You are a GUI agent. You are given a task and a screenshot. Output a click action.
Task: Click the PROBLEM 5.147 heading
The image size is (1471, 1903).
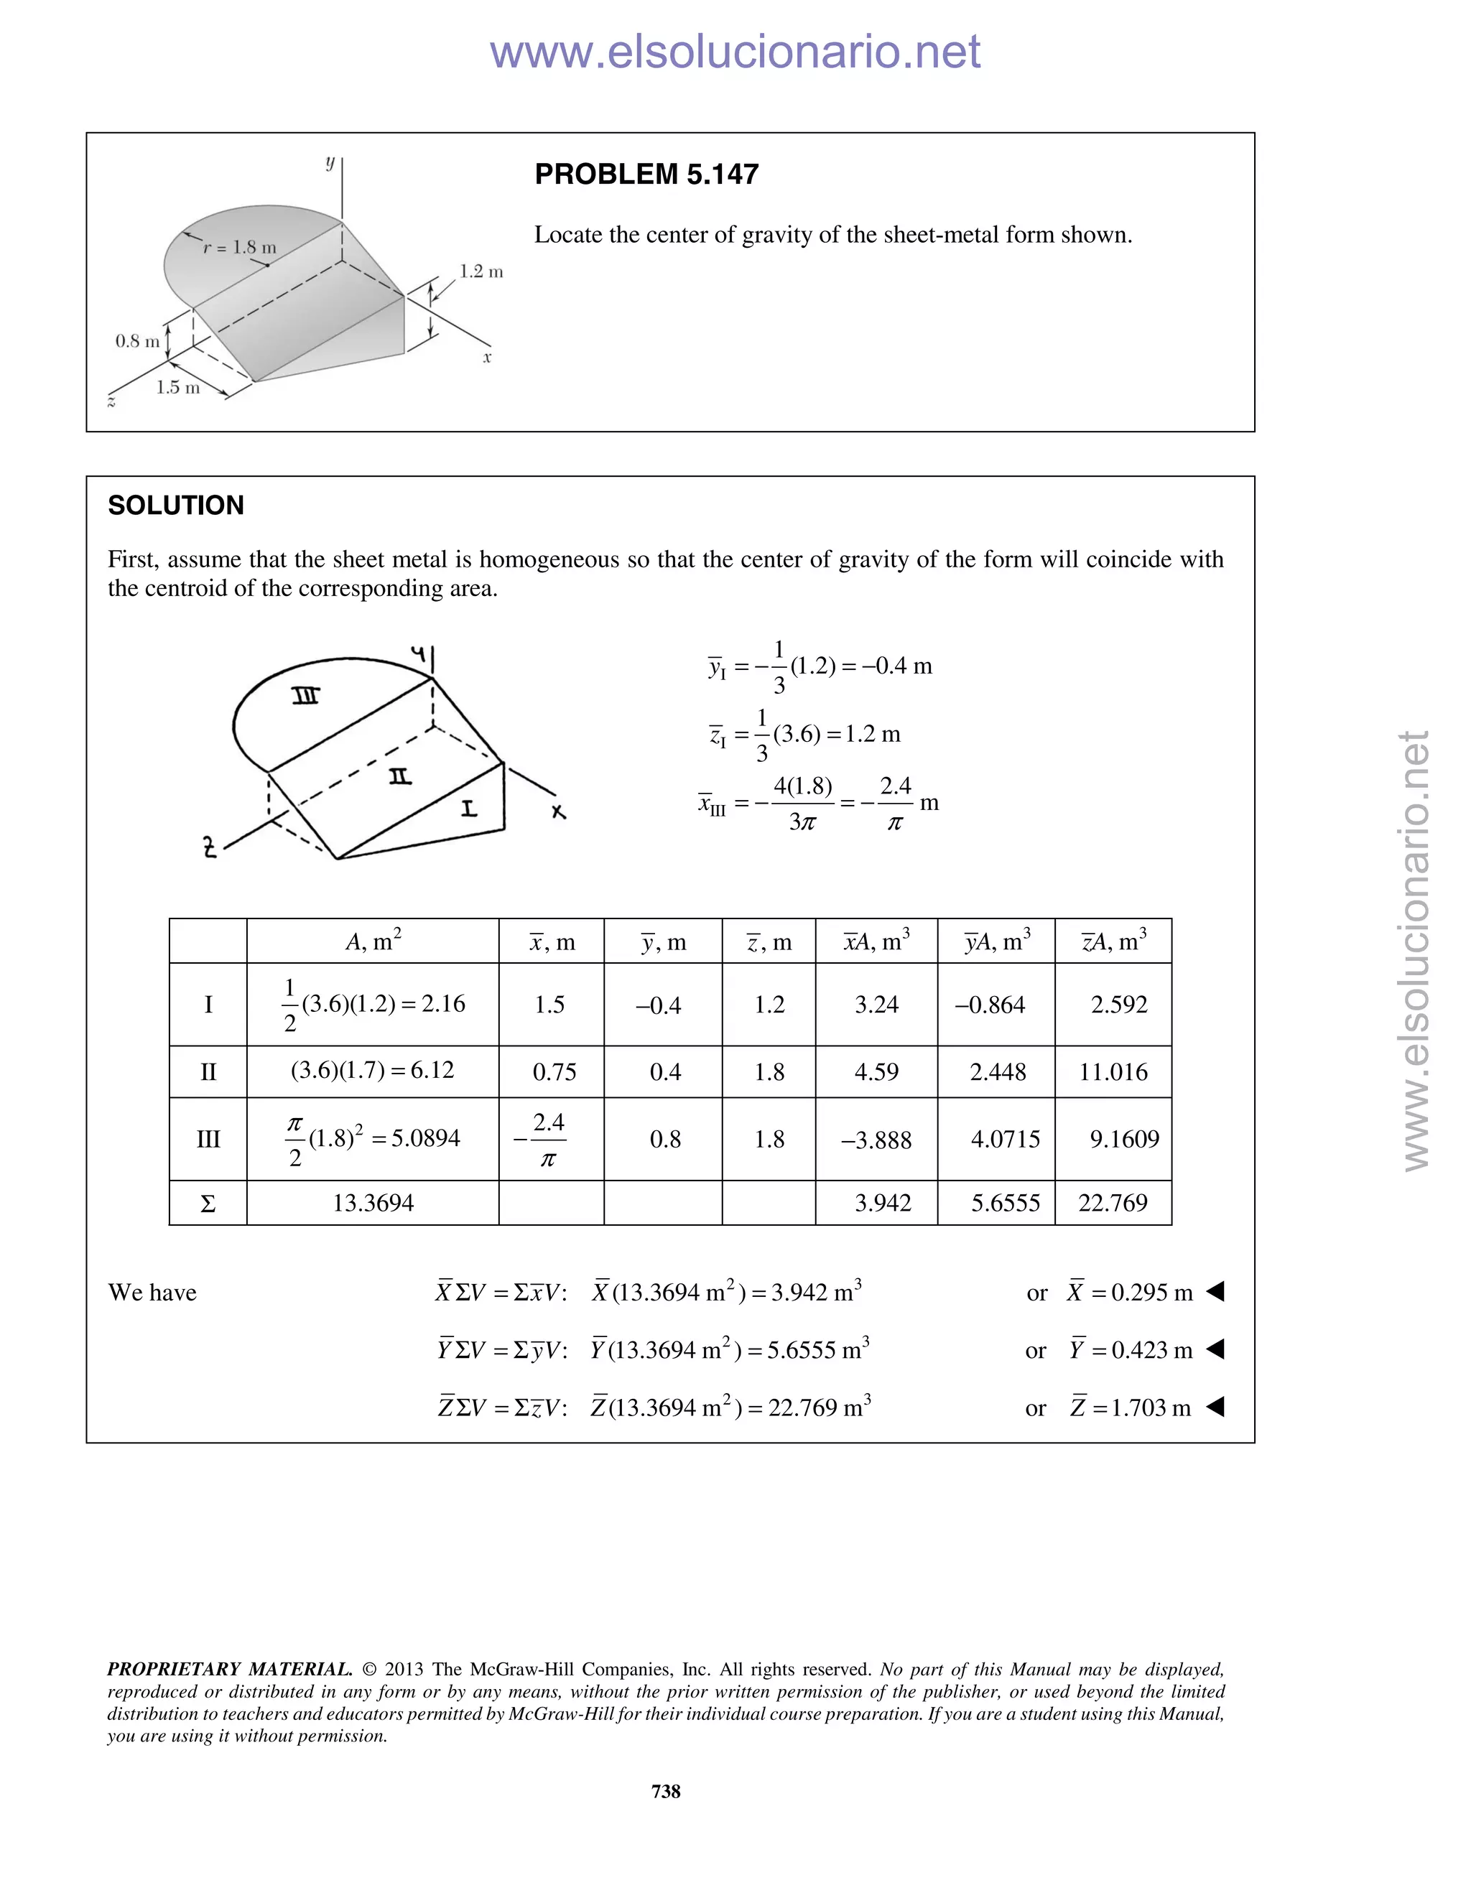click(x=646, y=175)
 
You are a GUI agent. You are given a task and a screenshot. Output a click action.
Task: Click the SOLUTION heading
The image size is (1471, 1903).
click(x=175, y=506)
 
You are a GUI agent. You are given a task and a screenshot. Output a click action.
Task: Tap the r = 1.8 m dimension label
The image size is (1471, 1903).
click(x=240, y=248)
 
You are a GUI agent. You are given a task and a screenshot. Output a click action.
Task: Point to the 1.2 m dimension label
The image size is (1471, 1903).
click(x=481, y=272)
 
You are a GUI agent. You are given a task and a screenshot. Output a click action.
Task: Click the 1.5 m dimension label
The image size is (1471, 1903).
click(x=178, y=388)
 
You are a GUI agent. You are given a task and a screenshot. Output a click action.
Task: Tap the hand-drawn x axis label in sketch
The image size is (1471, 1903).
click(x=559, y=812)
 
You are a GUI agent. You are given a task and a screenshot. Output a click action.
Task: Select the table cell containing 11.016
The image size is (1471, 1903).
click(x=1113, y=1071)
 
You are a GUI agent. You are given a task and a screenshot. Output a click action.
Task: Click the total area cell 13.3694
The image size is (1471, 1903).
click(x=373, y=1204)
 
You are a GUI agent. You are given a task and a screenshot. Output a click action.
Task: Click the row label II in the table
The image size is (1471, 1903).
click(x=208, y=1071)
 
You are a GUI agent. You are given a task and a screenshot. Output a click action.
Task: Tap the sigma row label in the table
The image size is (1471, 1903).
click(x=208, y=1204)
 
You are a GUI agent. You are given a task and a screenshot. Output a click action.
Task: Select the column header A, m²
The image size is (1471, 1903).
click(x=373, y=941)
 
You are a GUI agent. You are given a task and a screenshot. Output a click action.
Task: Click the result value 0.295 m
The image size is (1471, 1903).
click(x=1151, y=1292)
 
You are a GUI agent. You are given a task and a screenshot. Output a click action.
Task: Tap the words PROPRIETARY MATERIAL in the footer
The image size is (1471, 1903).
click(x=229, y=1670)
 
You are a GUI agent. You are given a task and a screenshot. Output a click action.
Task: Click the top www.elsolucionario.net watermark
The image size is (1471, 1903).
click(x=735, y=52)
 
